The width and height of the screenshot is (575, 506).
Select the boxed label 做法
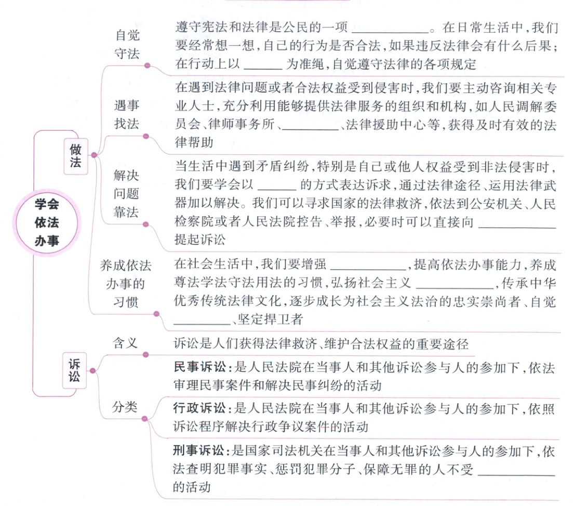[x=75, y=156]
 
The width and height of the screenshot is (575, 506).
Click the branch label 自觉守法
[x=127, y=45]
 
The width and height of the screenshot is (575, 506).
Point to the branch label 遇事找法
[x=127, y=115]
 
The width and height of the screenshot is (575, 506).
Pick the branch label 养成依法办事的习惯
[x=126, y=284]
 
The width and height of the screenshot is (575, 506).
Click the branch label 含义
[x=126, y=343]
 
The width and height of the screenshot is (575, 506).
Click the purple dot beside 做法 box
[x=94, y=155]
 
